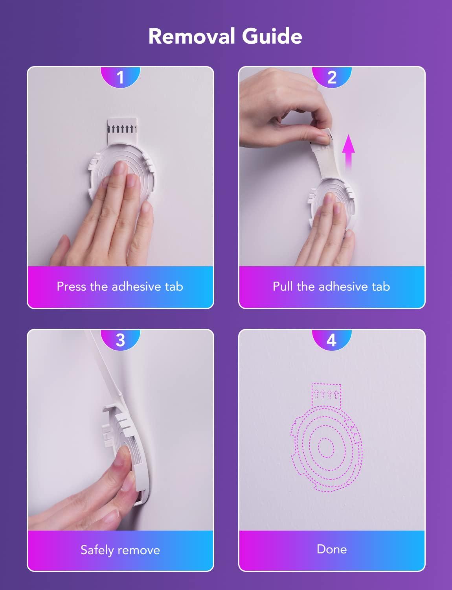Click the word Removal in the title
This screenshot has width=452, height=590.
(x=191, y=36)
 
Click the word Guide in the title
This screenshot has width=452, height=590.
(x=272, y=36)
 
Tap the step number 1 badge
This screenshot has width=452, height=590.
(x=120, y=77)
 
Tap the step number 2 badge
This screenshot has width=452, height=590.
(x=332, y=77)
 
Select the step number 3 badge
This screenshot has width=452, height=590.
(x=120, y=340)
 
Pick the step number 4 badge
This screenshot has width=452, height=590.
(x=332, y=340)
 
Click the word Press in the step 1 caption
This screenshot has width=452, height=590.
(x=72, y=286)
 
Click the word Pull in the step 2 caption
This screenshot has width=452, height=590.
(x=283, y=286)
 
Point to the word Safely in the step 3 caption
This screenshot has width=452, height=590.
(x=97, y=550)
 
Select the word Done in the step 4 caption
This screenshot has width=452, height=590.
(x=332, y=549)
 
